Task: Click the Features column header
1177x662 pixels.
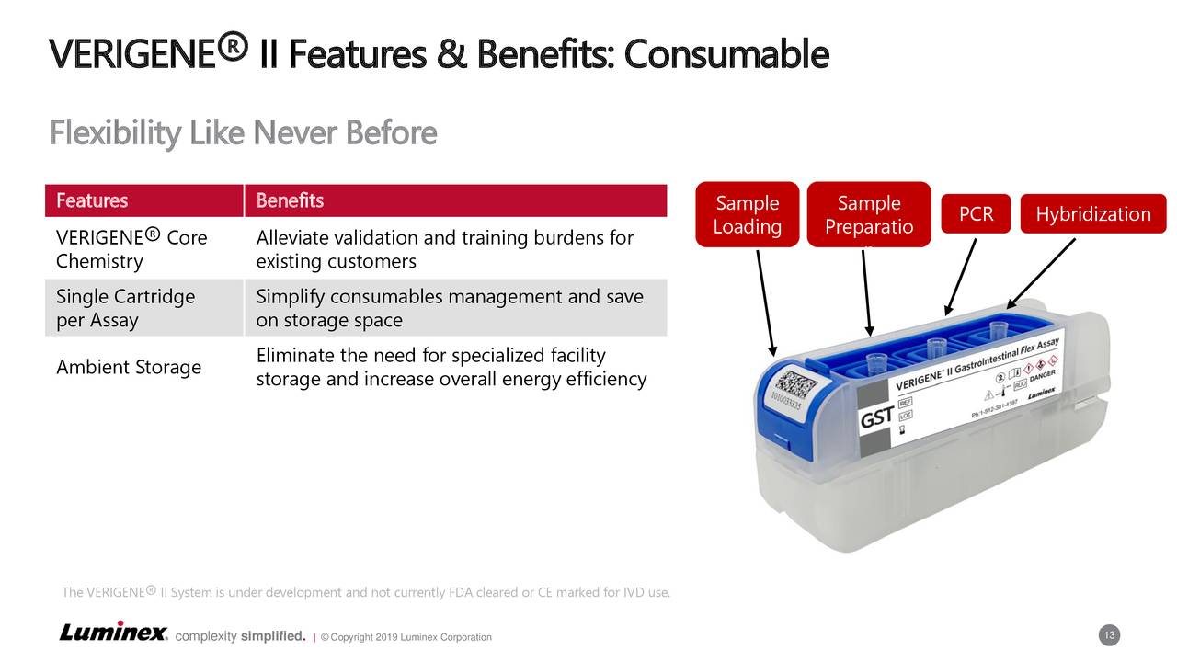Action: point(92,200)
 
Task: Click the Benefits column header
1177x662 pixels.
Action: point(290,200)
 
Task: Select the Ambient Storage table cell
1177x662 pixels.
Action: point(129,367)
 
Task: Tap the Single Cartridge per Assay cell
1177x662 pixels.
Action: point(125,308)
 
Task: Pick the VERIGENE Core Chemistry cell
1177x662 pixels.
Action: point(131,249)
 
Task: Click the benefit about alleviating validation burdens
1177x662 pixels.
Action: point(444,249)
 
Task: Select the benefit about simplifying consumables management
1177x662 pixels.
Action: point(449,308)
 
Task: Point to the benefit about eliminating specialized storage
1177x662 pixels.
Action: point(451,367)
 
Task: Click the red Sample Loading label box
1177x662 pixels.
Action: point(747,215)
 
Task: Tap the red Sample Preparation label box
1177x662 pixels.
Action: point(869,215)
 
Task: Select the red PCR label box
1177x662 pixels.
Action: point(976,214)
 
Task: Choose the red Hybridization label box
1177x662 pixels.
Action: point(1092,214)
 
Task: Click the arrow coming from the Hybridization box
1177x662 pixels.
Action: point(1041,273)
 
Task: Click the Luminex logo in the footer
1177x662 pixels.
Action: point(113,633)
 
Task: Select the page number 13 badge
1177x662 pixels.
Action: point(1109,636)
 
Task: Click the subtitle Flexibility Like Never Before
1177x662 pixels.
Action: point(243,133)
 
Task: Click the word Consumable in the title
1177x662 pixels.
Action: point(726,55)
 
